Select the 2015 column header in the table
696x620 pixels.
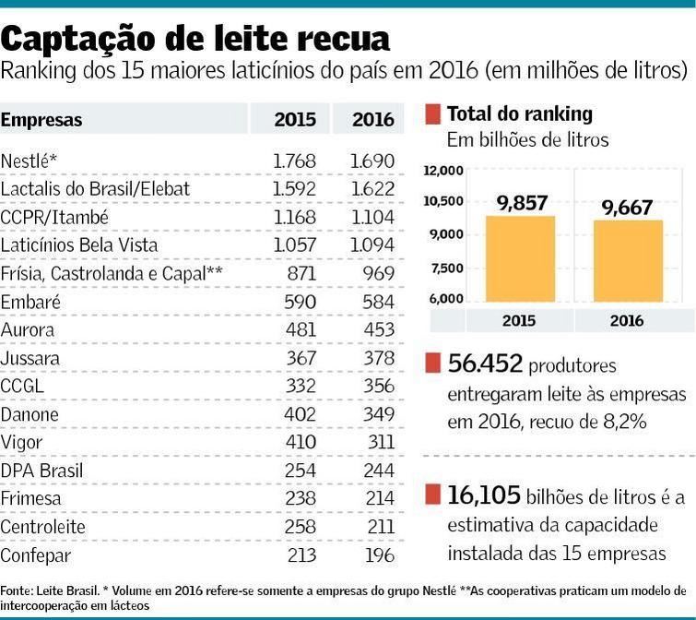tap(295, 120)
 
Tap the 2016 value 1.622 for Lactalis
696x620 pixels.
tap(372, 189)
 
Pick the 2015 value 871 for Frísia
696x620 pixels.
tap(301, 273)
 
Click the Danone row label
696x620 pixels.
tap(29, 414)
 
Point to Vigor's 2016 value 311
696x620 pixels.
tap(378, 443)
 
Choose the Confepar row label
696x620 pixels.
tap(35, 555)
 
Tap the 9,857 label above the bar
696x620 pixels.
tap(522, 205)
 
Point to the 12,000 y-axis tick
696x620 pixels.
tap(442, 171)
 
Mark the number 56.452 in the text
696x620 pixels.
tap(485, 365)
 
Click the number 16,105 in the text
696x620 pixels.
tap(484, 496)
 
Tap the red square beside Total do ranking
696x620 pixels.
tap(432, 115)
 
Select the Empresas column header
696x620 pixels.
tap(41, 120)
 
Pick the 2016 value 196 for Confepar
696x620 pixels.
tap(378, 555)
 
